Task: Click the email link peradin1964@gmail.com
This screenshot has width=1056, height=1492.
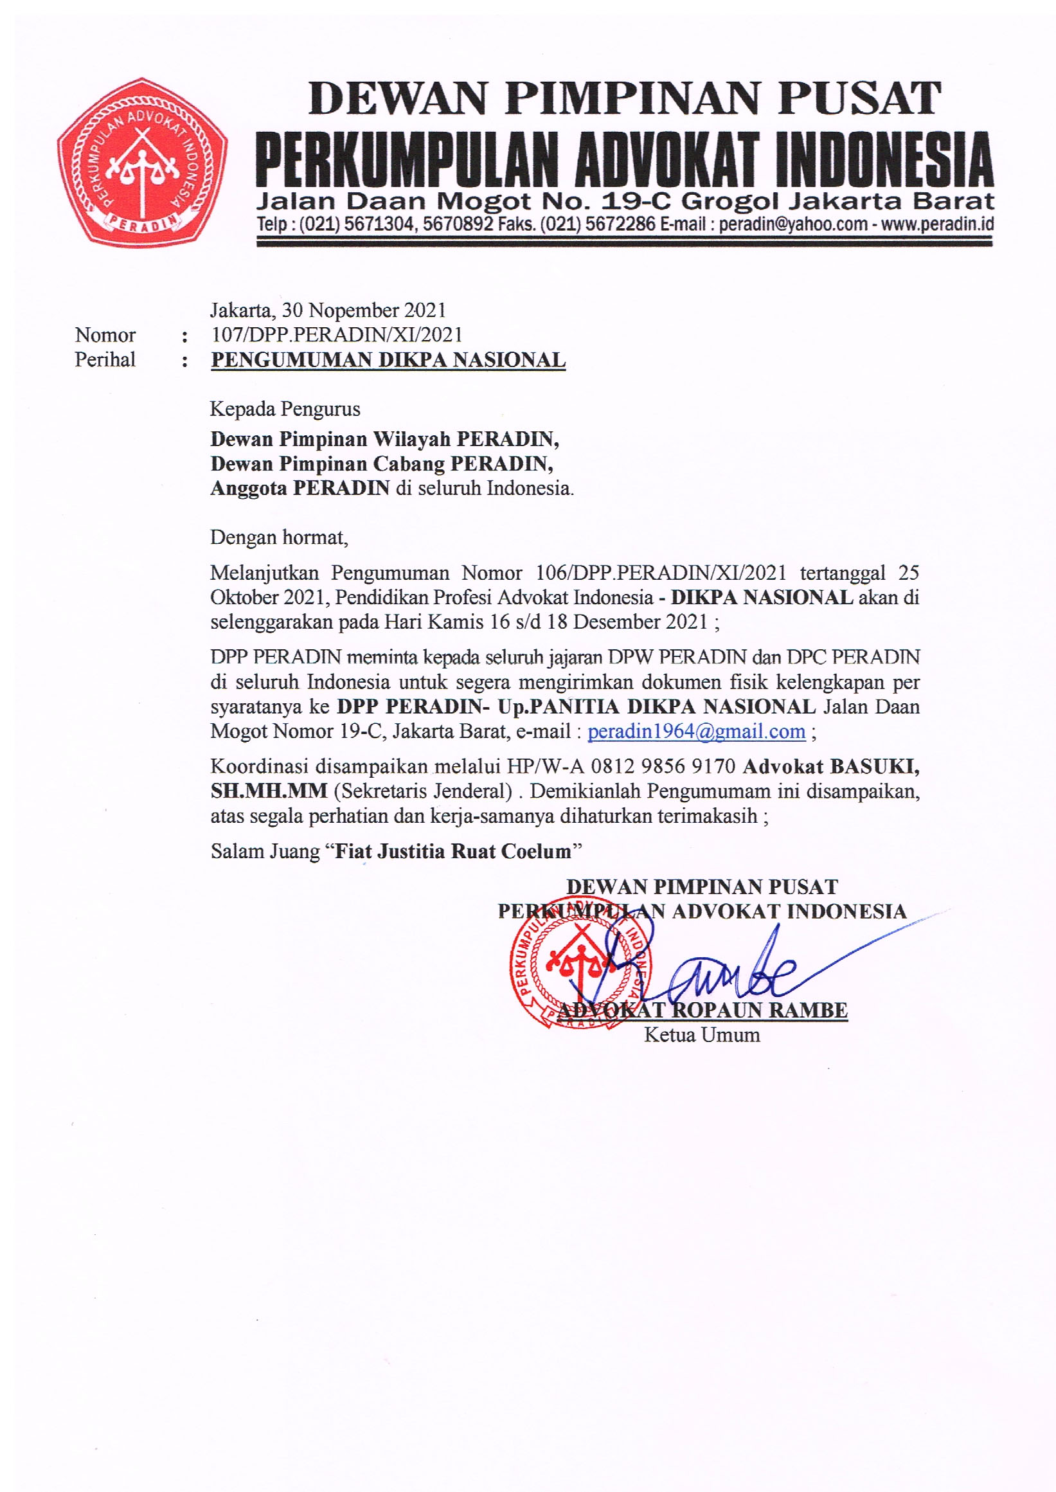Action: coord(696,732)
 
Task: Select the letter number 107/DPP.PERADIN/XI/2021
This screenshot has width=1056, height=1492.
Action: coord(336,335)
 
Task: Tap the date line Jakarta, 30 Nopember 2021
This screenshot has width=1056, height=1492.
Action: coord(327,310)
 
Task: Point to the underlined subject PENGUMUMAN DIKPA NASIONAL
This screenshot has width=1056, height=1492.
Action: coord(388,360)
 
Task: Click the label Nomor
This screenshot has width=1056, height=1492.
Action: coord(105,335)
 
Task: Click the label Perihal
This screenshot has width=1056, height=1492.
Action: coord(105,360)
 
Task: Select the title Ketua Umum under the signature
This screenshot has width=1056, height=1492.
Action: coord(702,1035)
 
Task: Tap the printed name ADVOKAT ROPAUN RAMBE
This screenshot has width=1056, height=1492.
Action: coord(703,1010)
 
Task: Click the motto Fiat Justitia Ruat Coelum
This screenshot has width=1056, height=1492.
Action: coord(452,851)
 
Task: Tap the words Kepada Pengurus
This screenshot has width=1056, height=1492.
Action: coord(285,409)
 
